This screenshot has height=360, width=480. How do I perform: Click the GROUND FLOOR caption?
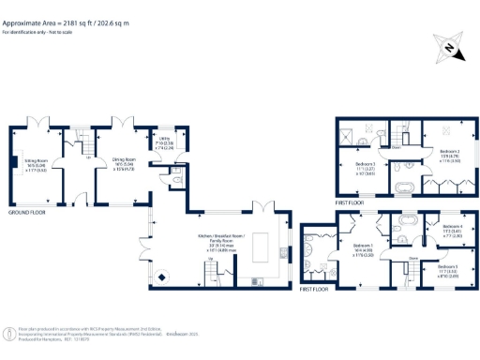click(x=29, y=214)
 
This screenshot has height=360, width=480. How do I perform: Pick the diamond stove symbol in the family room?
click(x=159, y=276)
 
